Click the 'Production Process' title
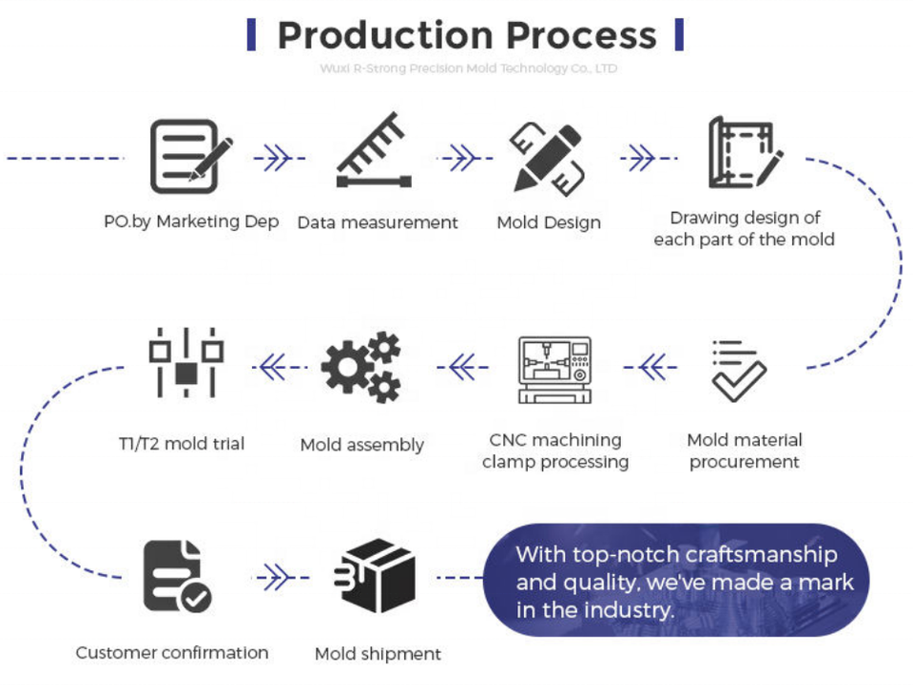[466, 35]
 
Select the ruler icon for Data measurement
[374, 152]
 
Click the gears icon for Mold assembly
[361, 367]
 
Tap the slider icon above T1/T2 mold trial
[186, 363]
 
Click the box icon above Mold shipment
[375, 577]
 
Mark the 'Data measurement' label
[378, 222]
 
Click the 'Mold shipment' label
[378, 654]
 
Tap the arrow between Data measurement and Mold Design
[459, 158]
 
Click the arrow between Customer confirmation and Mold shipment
[274, 577]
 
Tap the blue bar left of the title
[251, 34]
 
